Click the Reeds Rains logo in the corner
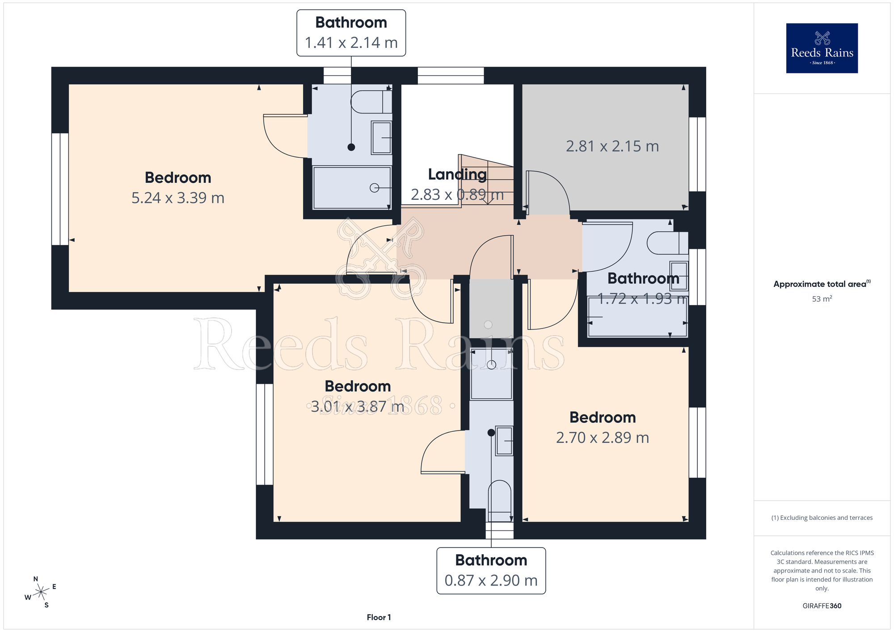[822, 48]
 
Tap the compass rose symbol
[41, 592]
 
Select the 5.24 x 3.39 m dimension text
[178, 198]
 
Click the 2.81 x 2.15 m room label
[612, 146]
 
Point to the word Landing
[457, 174]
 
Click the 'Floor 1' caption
[379, 617]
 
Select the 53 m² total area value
[822, 299]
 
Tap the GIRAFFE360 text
[822, 606]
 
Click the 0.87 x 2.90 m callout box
[491, 571]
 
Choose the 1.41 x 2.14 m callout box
[351, 33]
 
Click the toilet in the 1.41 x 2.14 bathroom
[371, 102]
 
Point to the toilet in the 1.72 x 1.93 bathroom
[668, 243]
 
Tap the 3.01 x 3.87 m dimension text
[358, 406]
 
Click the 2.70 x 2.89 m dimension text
[603, 438]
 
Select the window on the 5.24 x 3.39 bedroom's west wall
[60, 189]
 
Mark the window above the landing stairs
[451, 76]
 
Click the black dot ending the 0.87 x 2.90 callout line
[491, 433]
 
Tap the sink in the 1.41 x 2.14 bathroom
[381, 138]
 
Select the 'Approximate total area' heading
[820, 284]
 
